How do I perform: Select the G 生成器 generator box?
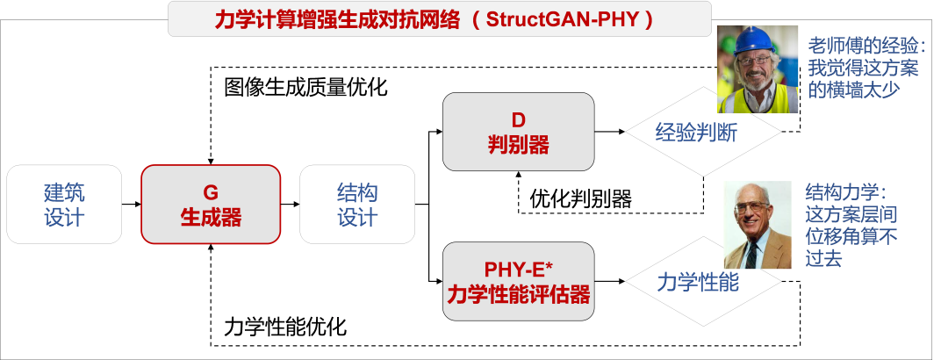coord(211,205)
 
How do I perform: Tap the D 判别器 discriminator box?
coord(518,132)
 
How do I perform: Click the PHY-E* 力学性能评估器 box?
coord(518,281)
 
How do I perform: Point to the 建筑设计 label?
coord(64,205)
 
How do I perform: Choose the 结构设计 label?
coord(357,205)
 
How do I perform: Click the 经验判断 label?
coord(696,133)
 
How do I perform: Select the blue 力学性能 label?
coord(698,283)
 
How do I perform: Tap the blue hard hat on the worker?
coord(756,39)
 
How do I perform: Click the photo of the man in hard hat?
coord(757,68)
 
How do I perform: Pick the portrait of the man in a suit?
coord(757,225)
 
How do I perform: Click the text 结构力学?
coord(846,192)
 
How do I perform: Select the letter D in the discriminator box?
coord(518,119)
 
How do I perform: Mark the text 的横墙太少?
coord(853,90)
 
